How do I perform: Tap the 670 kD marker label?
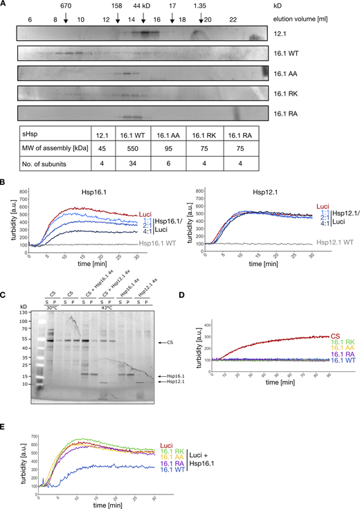pyautogui.click(x=65, y=6)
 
